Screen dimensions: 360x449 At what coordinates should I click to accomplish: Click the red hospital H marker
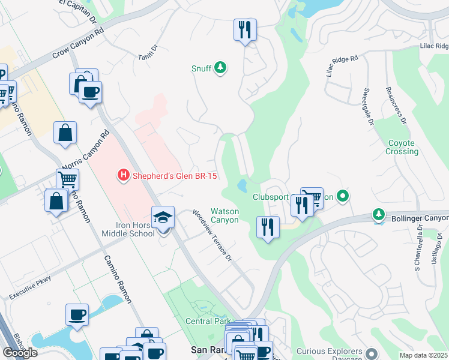[122, 176]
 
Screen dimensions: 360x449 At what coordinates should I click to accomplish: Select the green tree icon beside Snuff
[221, 68]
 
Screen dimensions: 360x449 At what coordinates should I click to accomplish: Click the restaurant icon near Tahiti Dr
[244, 29]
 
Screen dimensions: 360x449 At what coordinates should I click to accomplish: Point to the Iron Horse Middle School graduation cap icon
[162, 218]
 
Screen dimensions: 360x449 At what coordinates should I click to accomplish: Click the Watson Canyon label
[224, 215]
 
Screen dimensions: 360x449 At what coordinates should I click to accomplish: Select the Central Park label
[208, 322]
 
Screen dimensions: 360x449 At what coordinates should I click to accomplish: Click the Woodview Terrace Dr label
[211, 235]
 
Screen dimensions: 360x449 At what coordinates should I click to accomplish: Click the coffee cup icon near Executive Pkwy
[77, 314]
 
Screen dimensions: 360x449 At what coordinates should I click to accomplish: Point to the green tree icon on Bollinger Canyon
[378, 214]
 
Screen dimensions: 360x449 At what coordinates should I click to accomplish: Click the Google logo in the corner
[20, 352]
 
